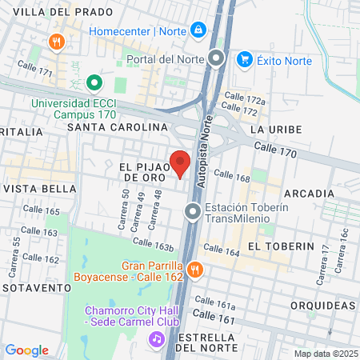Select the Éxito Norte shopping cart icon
point(245,58)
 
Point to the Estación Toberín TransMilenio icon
point(193,212)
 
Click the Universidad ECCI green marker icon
point(94,82)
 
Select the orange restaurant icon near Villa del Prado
point(56,42)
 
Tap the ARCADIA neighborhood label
point(308,194)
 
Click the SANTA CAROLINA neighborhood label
point(118,127)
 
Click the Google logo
point(26,350)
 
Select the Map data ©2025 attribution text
point(324,354)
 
